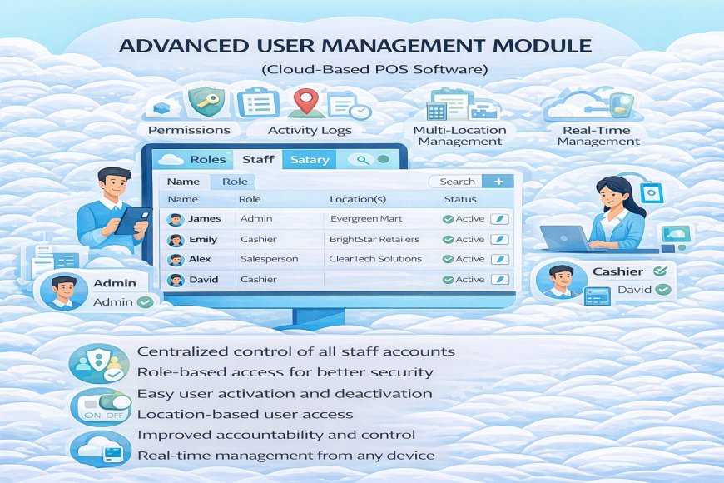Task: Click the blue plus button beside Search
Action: point(498,181)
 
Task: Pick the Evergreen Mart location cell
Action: point(366,219)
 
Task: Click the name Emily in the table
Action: point(202,239)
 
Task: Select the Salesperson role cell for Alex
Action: point(269,259)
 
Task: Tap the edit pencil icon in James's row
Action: point(500,219)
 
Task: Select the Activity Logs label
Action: point(310,130)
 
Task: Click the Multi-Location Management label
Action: point(459,135)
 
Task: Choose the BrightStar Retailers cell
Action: point(374,239)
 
